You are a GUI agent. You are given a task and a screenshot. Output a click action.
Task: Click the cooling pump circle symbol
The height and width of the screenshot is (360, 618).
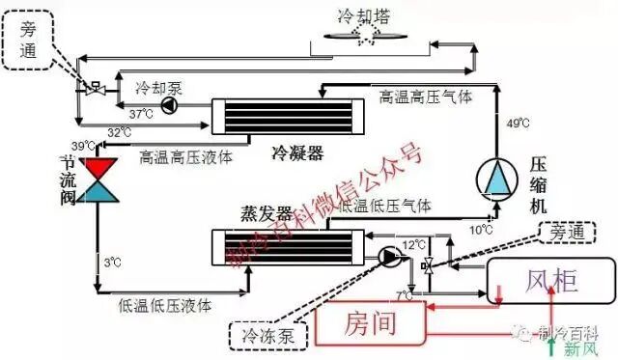169,103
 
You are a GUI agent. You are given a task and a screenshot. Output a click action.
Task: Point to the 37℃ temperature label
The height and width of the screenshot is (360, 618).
141,114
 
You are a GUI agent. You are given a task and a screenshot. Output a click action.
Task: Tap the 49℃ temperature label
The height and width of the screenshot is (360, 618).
518,123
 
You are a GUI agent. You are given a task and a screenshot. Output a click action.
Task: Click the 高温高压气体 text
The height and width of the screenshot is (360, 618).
425,97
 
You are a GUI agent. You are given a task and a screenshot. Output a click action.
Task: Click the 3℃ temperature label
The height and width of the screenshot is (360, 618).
112,261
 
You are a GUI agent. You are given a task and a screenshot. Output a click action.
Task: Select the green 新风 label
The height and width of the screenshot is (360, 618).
579,348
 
